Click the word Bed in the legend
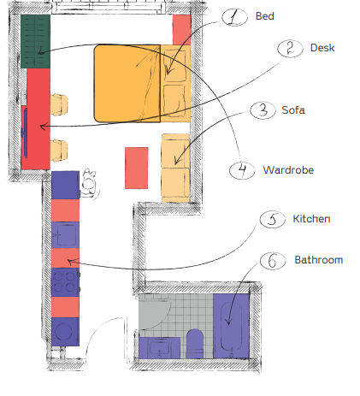tap(264, 16)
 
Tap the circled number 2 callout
tap(290, 48)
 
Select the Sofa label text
tap(293, 110)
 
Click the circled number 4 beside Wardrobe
tap(242, 170)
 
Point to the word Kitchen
tap(311, 219)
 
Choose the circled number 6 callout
tap(273, 261)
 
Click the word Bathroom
tap(319, 260)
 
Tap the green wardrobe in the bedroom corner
tap(36, 41)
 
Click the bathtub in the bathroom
tap(231, 326)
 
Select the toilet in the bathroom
tap(195, 344)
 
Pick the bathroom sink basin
tap(159, 348)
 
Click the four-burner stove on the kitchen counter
tap(65, 282)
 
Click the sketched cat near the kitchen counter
tap(89, 183)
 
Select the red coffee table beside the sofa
tap(137, 168)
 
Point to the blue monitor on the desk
tap(25, 133)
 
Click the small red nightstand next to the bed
tap(181, 30)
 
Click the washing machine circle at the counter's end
tap(63, 332)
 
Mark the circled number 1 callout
tap(234, 17)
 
